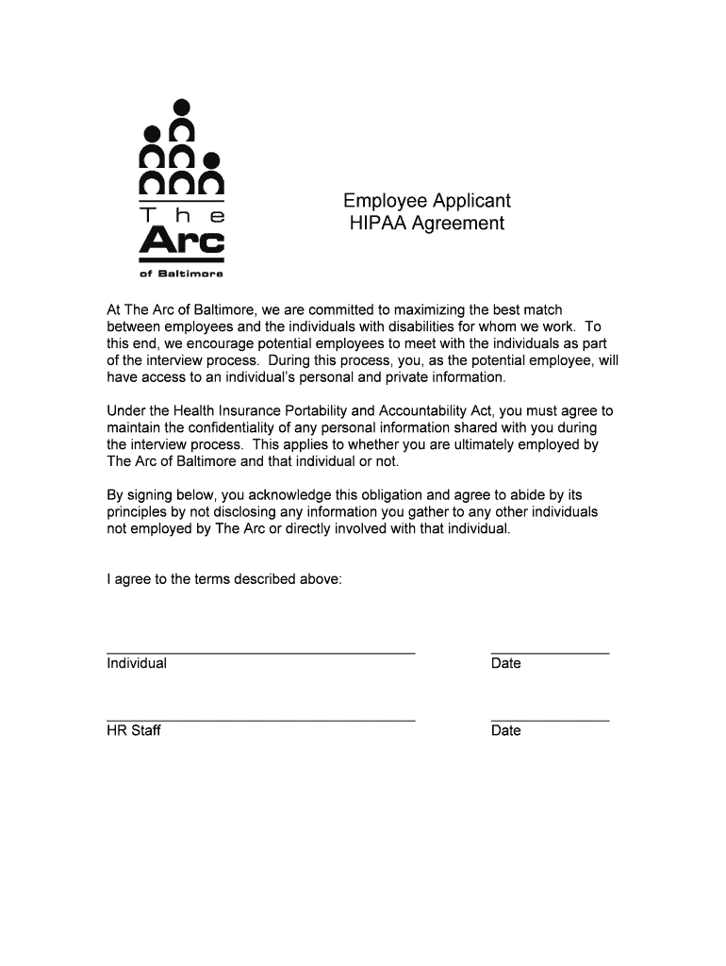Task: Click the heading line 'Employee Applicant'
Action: pyautogui.click(x=426, y=201)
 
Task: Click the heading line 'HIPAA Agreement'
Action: pyautogui.click(x=426, y=224)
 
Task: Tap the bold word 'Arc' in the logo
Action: pyautogui.click(x=182, y=241)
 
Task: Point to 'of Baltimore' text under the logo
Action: pyautogui.click(x=182, y=274)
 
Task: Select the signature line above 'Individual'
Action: pyautogui.click(x=260, y=653)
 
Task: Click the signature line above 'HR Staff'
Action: pyautogui.click(x=260, y=720)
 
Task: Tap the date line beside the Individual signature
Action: pyautogui.click(x=550, y=653)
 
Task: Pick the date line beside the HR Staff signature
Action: pyautogui.click(x=550, y=720)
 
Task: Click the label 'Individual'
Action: pyautogui.click(x=137, y=663)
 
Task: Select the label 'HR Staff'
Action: pyautogui.click(x=134, y=731)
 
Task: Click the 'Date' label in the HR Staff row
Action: pyautogui.click(x=505, y=731)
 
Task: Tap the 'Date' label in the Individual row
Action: pyautogui.click(x=505, y=663)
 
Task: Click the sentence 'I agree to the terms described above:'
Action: pyautogui.click(x=224, y=579)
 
